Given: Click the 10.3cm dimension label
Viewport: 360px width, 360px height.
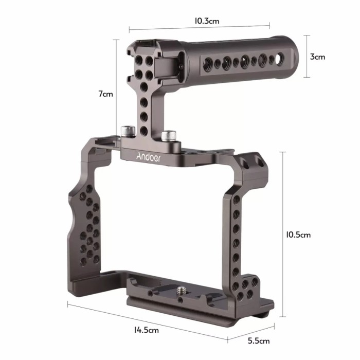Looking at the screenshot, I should (207, 21).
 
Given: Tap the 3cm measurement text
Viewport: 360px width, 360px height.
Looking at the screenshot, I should (317, 57).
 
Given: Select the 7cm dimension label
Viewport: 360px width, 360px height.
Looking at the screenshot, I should (105, 94).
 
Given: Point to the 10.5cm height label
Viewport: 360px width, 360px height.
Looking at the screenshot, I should (298, 235).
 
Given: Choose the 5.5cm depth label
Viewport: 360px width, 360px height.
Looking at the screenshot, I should (257, 340).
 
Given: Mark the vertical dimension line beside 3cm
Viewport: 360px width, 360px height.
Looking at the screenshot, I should (307, 56).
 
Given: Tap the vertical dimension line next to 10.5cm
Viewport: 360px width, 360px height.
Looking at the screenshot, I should (282, 235).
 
